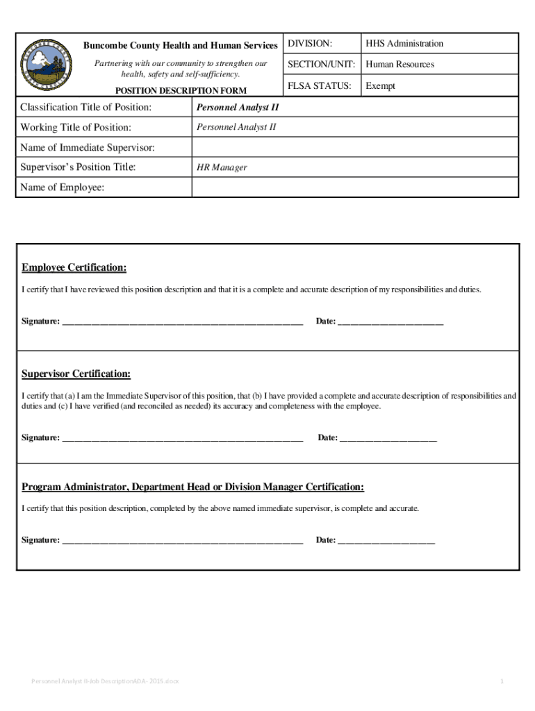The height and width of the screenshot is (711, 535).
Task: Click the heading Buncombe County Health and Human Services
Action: (x=181, y=46)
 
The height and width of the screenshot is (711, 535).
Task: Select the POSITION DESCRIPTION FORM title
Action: (x=181, y=90)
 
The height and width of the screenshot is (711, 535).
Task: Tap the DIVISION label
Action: (x=310, y=44)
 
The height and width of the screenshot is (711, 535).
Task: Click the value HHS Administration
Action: (x=404, y=44)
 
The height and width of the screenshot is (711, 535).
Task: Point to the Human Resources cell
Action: (x=400, y=65)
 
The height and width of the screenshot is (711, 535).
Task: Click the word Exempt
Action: (x=381, y=86)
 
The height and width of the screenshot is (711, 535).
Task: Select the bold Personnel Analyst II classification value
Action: (x=238, y=108)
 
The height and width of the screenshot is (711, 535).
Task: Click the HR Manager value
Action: (x=222, y=167)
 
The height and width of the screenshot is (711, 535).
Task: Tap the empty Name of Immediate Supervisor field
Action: (x=354, y=147)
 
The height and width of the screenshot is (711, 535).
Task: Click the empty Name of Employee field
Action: (x=354, y=187)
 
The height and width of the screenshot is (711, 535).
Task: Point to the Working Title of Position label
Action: (x=76, y=128)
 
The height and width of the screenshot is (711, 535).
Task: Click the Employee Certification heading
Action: (x=74, y=268)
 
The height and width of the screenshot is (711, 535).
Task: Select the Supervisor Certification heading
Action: (x=76, y=374)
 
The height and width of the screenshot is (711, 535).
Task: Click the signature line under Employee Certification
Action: (x=183, y=323)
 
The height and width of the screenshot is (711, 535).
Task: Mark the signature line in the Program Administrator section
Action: (x=183, y=541)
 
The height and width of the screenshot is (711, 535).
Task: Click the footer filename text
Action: (x=105, y=681)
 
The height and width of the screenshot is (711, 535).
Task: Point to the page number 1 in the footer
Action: (x=501, y=681)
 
